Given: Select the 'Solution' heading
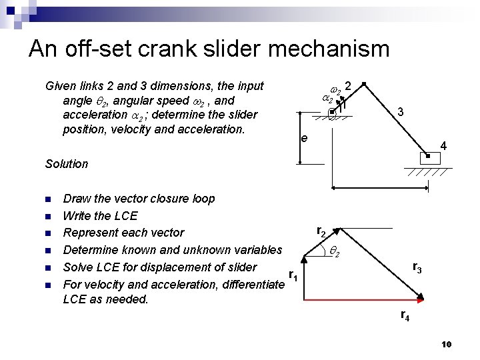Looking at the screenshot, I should [67, 163].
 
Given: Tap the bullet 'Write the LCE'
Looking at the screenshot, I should [100, 215].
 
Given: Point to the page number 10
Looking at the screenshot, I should [447, 344].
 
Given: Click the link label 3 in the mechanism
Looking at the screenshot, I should [399, 113].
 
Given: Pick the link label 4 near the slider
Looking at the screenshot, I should [443, 146].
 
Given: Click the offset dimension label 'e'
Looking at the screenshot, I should [304, 139].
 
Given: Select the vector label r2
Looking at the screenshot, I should [321, 231].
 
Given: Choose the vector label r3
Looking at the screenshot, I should [417, 268].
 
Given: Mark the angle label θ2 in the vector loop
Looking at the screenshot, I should [335, 253].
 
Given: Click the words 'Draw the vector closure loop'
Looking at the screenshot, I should [139, 199].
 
